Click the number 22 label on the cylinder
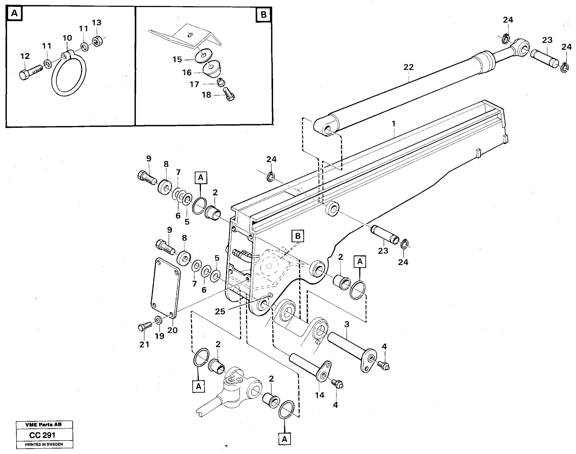click(408, 67)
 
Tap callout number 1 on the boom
click(394, 124)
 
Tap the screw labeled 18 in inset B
click(229, 95)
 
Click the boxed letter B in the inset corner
click(263, 14)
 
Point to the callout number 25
click(220, 311)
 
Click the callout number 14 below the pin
click(320, 395)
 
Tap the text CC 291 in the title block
click(42, 435)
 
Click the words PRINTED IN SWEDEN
click(44, 444)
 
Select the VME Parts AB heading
click(44, 425)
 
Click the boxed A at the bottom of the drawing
click(284, 439)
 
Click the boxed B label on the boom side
click(298, 236)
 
